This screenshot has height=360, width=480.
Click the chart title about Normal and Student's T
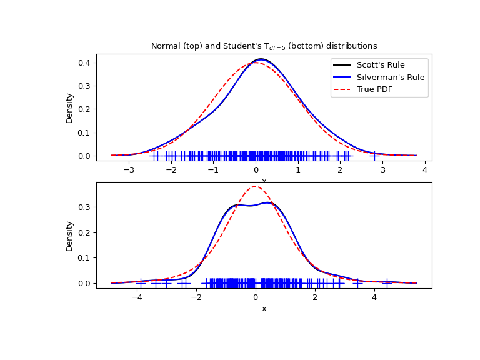(x=264, y=46)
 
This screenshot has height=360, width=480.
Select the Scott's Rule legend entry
(x=381, y=64)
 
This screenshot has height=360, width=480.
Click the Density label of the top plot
(x=70, y=107)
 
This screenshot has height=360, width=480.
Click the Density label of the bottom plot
(x=70, y=236)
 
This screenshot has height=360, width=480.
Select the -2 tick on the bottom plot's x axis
(x=196, y=297)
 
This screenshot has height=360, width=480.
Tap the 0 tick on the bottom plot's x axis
(x=256, y=297)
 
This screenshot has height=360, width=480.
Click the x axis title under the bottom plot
(x=264, y=309)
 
